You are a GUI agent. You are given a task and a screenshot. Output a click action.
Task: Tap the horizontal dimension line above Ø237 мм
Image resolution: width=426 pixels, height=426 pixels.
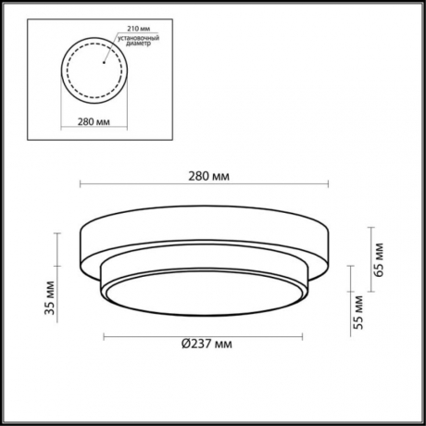point(204,332)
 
